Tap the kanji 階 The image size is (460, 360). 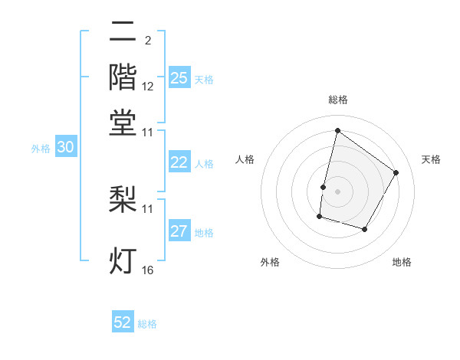[x=123, y=77]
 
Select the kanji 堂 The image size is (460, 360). [x=123, y=122]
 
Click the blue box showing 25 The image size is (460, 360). [x=179, y=77]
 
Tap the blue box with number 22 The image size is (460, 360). [x=179, y=162]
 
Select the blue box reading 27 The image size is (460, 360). [x=179, y=232]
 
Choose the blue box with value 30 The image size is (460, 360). [x=65, y=148]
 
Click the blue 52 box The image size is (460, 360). [x=123, y=322]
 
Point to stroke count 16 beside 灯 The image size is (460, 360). [x=148, y=270]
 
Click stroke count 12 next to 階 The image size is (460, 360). [x=148, y=87]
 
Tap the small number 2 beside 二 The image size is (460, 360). [x=147, y=41]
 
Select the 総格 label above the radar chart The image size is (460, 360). [x=337, y=100]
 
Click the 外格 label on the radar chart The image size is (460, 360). [x=270, y=262]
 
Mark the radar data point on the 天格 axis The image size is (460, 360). [x=396, y=172]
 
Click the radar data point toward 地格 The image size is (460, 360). [x=365, y=230]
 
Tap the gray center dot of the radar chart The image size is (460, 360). [x=337, y=191]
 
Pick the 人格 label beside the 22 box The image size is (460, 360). [x=204, y=163]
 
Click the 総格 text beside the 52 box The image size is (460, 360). [x=147, y=324]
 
